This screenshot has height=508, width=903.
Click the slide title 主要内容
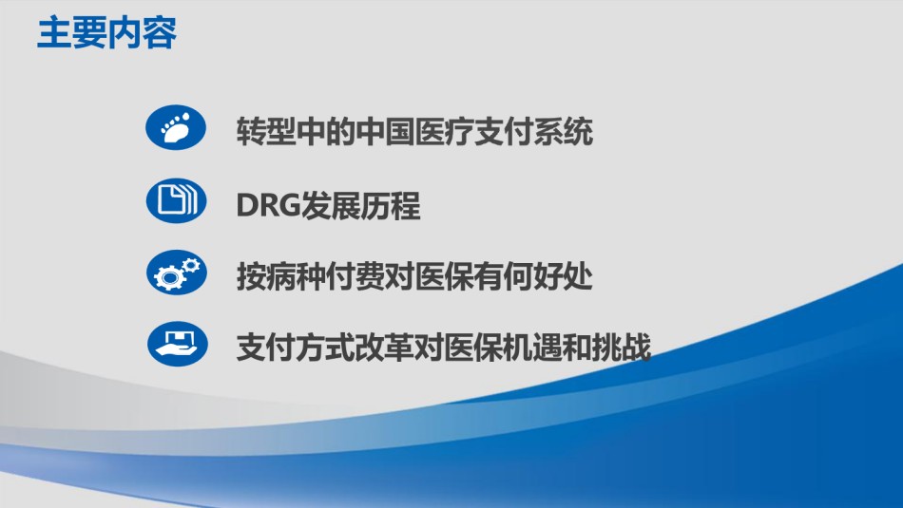pyautogui.click(x=106, y=33)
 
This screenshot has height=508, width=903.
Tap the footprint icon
pyautogui.click(x=176, y=128)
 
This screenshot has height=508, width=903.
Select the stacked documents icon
pyautogui.click(x=176, y=200)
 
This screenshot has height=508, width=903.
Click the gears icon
pyautogui.click(x=176, y=273)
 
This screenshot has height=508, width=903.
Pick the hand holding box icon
pyautogui.click(x=178, y=344)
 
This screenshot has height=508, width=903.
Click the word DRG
pyautogui.click(x=268, y=205)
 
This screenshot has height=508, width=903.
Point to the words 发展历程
pyautogui.click(x=360, y=205)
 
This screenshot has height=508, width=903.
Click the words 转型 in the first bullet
pyautogui.click(x=266, y=132)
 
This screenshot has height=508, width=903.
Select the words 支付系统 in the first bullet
pyautogui.click(x=534, y=132)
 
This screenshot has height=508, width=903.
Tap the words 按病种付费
pyautogui.click(x=311, y=276)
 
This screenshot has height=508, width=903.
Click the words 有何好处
pyautogui.click(x=534, y=276)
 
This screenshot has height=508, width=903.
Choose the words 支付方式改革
pyautogui.click(x=325, y=348)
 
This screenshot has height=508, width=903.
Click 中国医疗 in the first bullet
pyautogui.click(x=414, y=132)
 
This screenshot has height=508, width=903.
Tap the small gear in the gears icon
pyautogui.click(x=191, y=265)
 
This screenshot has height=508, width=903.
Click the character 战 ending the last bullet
pyautogui.click(x=637, y=348)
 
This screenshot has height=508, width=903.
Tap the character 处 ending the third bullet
pyautogui.click(x=579, y=276)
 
